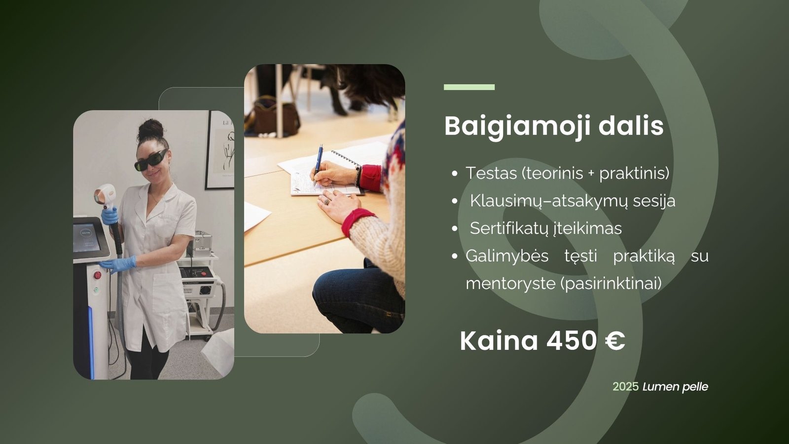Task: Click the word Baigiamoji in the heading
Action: pyautogui.click(x=517, y=127)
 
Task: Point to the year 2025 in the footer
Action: pyautogui.click(x=626, y=387)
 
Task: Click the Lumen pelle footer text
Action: pyautogui.click(x=675, y=387)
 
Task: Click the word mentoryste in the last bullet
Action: pyautogui.click(x=510, y=284)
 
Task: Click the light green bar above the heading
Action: pyautogui.click(x=469, y=87)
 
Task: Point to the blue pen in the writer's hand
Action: pyautogui.click(x=319, y=164)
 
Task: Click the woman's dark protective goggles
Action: pyautogui.click(x=151, y=160)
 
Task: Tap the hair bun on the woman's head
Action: pyautogui.click(x=151, y=129)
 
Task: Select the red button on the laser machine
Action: pyautogui.click(x=97, y=275)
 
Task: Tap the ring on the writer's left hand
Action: pyautogui.click(x=326, y=201)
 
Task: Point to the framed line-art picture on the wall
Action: pyautogui.click(x=220, y=150)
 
